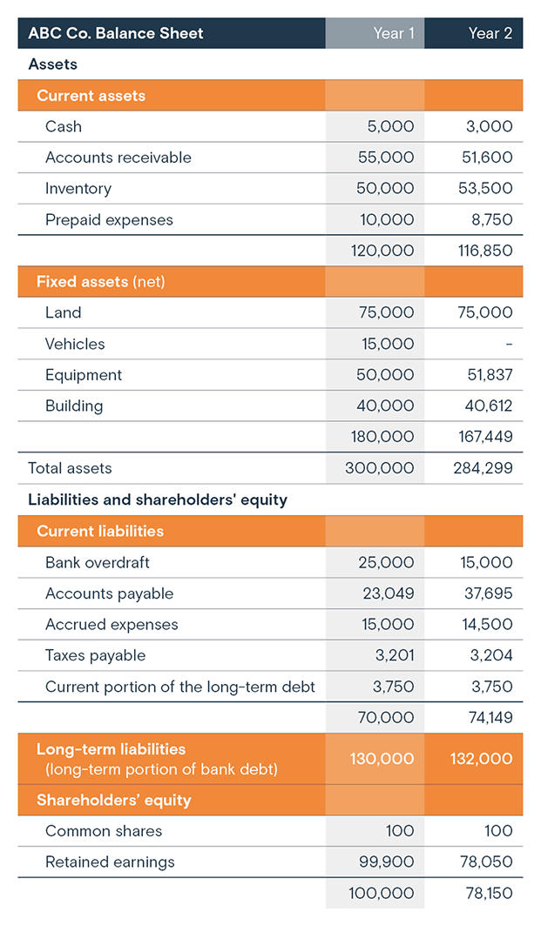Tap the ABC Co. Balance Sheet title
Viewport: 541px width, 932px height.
point(116,33)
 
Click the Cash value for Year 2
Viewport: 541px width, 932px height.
point(489,126)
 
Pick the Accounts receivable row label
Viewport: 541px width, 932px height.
point(118,158)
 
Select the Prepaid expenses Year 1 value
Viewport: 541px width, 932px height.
point(387,220)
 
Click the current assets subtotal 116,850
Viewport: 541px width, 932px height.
point(484,251)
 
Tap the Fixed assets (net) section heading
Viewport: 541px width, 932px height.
point(100,282)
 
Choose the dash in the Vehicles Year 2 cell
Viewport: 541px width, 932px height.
point(509,345)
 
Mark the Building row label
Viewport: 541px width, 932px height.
point(74,406)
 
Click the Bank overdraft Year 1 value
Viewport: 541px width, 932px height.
point(386,562)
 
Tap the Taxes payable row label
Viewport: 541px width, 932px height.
point(95,655)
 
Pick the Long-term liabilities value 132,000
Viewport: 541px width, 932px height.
point(481,759)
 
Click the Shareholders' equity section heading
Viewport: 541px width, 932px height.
point(113,800)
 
